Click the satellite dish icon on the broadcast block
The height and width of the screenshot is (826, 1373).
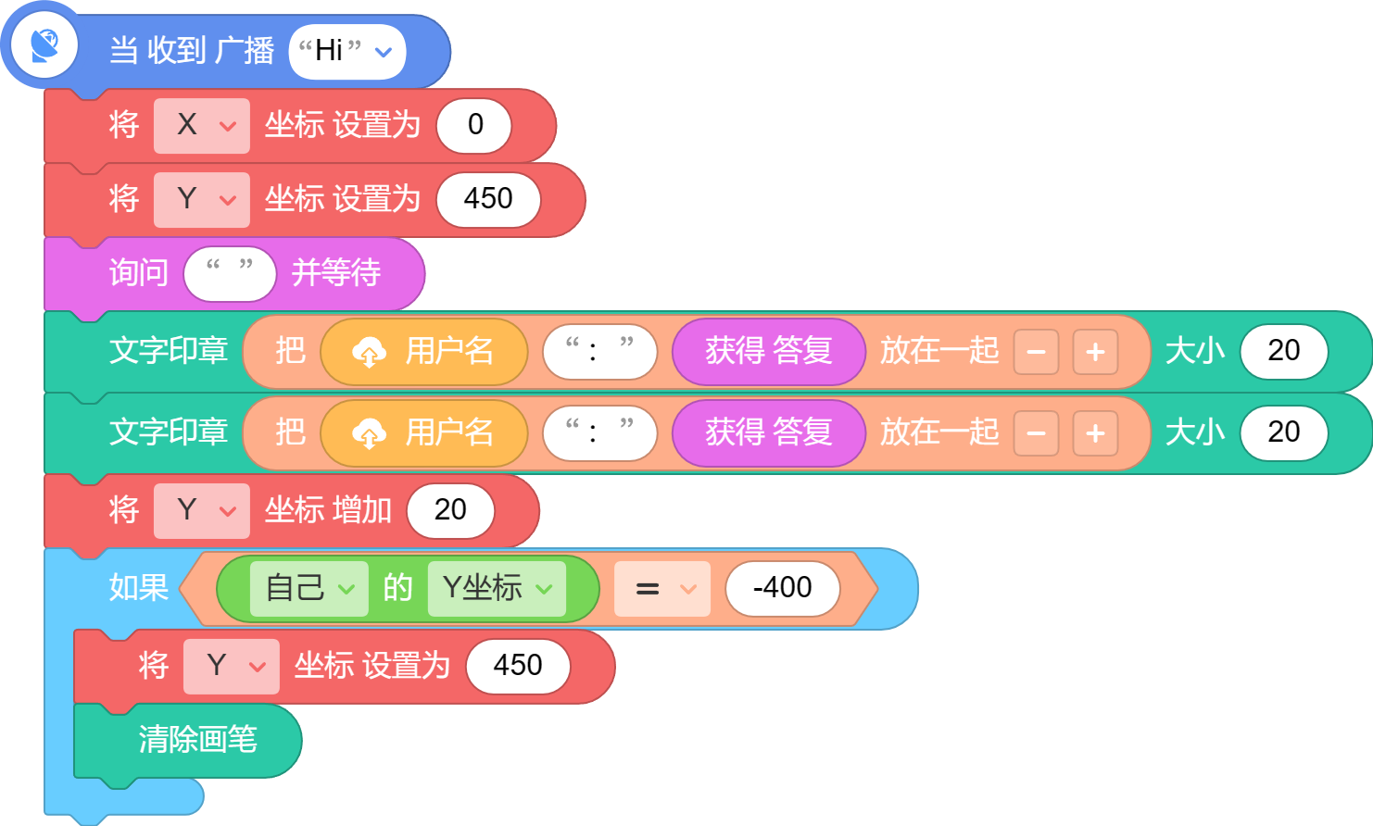pos(44,45)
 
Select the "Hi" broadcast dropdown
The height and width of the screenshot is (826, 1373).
pos(347,52)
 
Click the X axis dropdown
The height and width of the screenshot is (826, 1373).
pos(202,126)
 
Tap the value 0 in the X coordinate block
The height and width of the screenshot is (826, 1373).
pos(474,125)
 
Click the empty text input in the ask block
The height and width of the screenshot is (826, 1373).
pos(230,273)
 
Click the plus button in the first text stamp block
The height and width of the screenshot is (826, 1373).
pos(1095,352)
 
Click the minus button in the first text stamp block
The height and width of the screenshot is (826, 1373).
pos(1036,352)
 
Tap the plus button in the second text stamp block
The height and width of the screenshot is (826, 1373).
pos(1095,433)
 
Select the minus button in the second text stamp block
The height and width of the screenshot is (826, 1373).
pos(1036,433)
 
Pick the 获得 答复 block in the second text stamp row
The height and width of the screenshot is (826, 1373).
pos(769,432)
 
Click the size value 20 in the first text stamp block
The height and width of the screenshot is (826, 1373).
pos(1283,351)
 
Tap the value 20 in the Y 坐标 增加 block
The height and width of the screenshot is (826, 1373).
pos(450,510)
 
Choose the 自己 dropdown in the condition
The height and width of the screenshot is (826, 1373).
pos(309,588)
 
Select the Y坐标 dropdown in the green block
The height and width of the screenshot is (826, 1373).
pos(497,588)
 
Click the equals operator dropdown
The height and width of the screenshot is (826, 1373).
pos(662,589)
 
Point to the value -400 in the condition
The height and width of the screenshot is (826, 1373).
pos(783,588)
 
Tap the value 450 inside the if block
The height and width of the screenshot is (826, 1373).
pos(518,666)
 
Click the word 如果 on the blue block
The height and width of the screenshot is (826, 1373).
pos(139,588)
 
